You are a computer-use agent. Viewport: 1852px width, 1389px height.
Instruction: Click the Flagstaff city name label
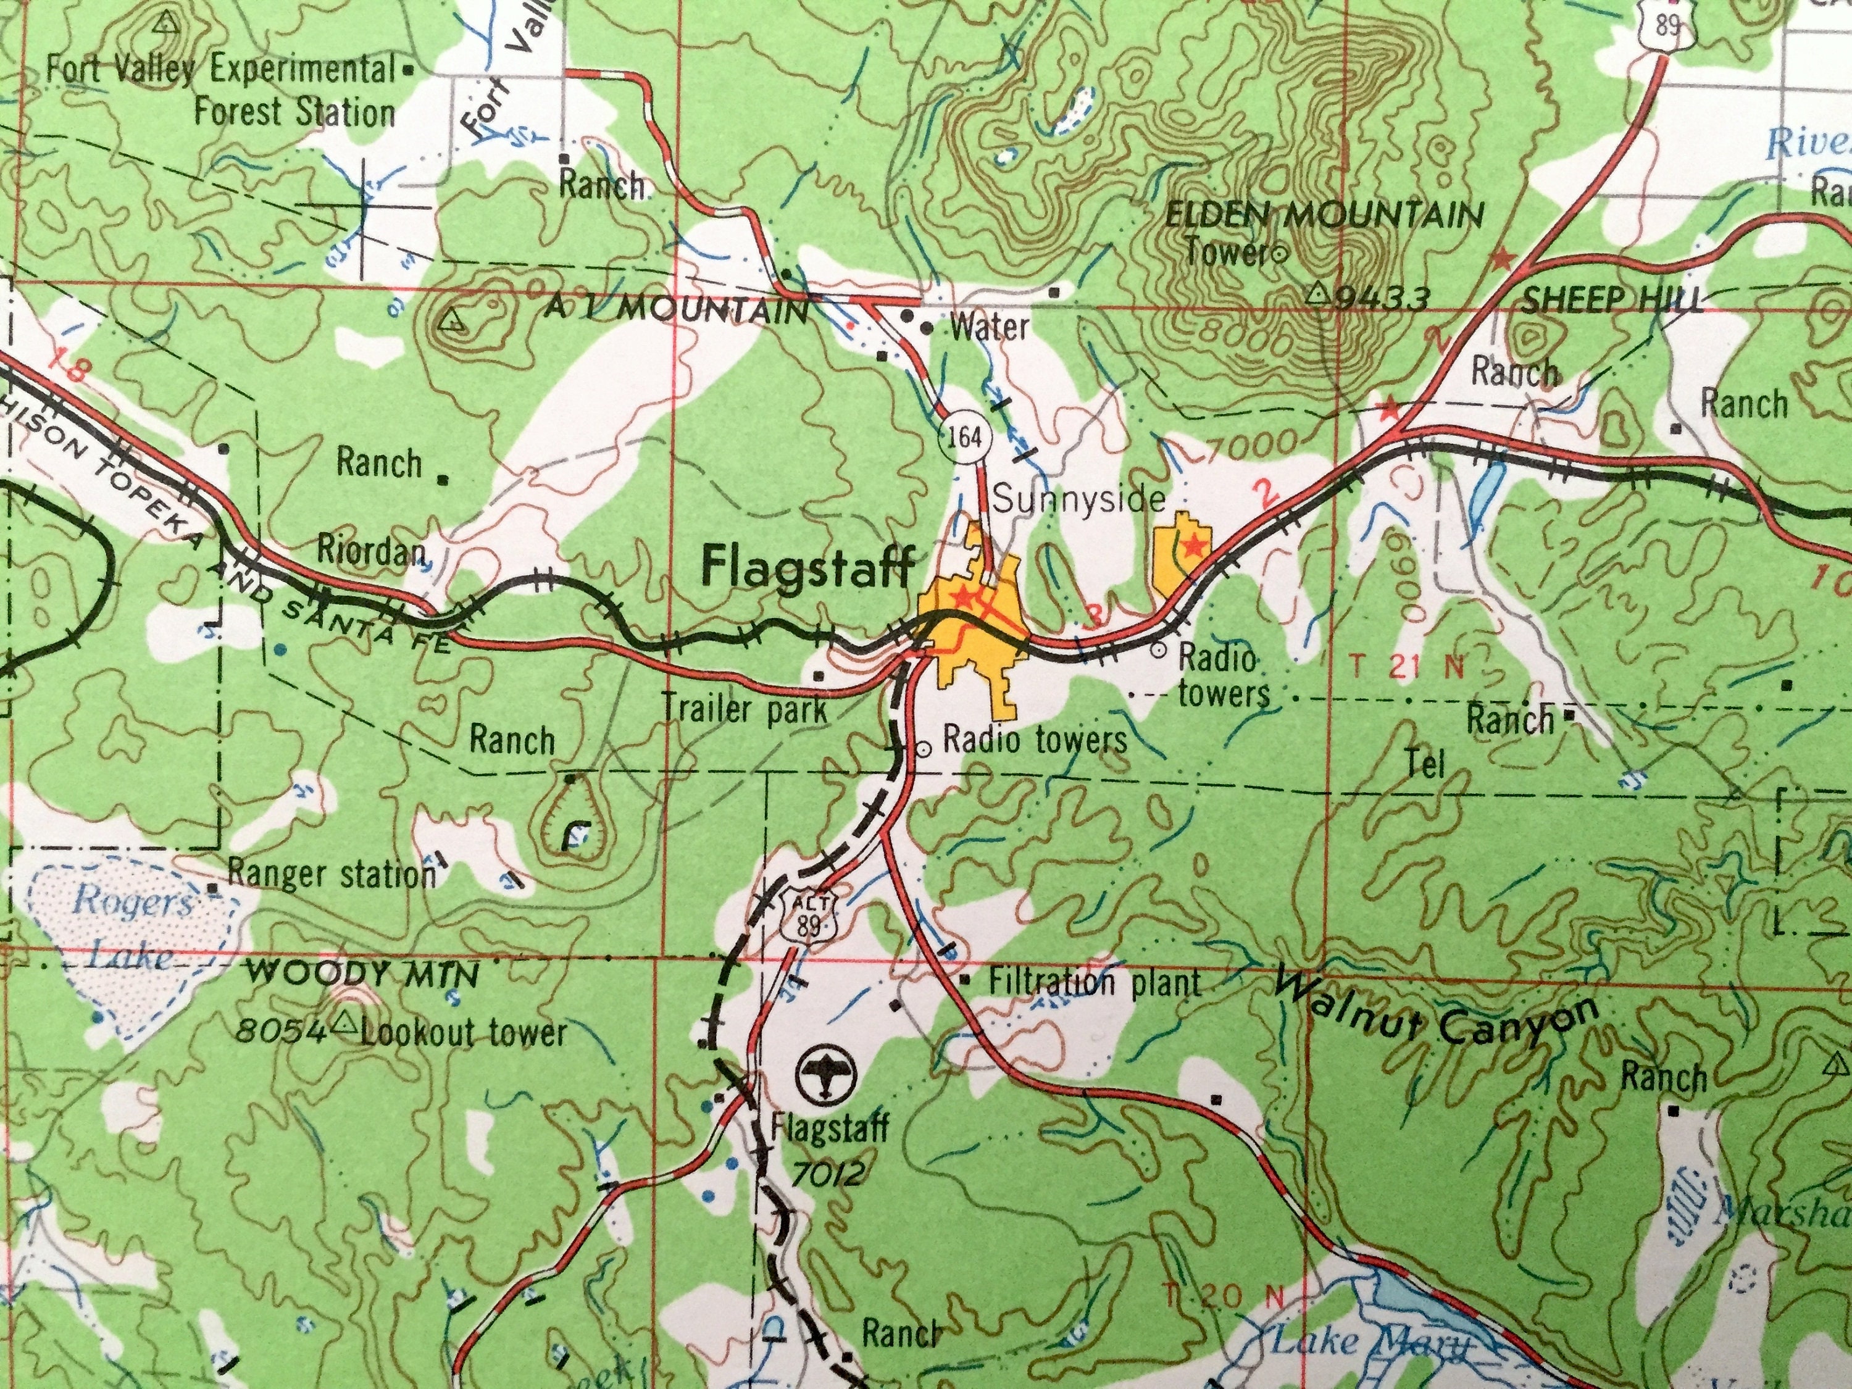pyautogui.click(x=806, y=567)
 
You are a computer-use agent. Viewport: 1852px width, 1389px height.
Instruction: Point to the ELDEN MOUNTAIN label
pyautogui.click(x=1325, y=215)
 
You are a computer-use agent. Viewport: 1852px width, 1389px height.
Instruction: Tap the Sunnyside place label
pyautogui.click(x=1078, y=500)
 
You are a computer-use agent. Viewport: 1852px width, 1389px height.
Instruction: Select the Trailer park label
pyautogui.click(x=745, y=711)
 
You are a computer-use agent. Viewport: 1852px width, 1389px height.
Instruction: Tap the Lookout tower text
pyautogui.click(x=463, y=1032)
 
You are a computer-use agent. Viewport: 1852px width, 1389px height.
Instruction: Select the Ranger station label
pyautogui.click(x=332, y=875)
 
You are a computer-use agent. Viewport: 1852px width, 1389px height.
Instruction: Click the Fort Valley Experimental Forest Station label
pyautogui.click(x=220, y=90)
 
